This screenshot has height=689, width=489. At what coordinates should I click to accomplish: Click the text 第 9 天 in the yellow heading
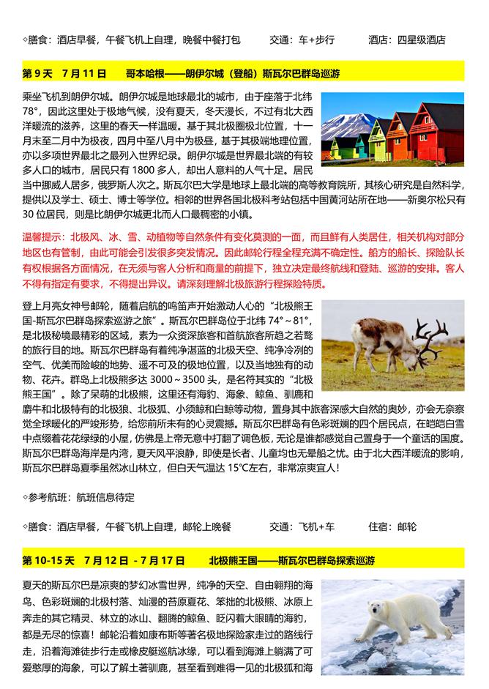coord(37,74)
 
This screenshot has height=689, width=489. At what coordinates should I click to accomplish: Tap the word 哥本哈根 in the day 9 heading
coord(143,74)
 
